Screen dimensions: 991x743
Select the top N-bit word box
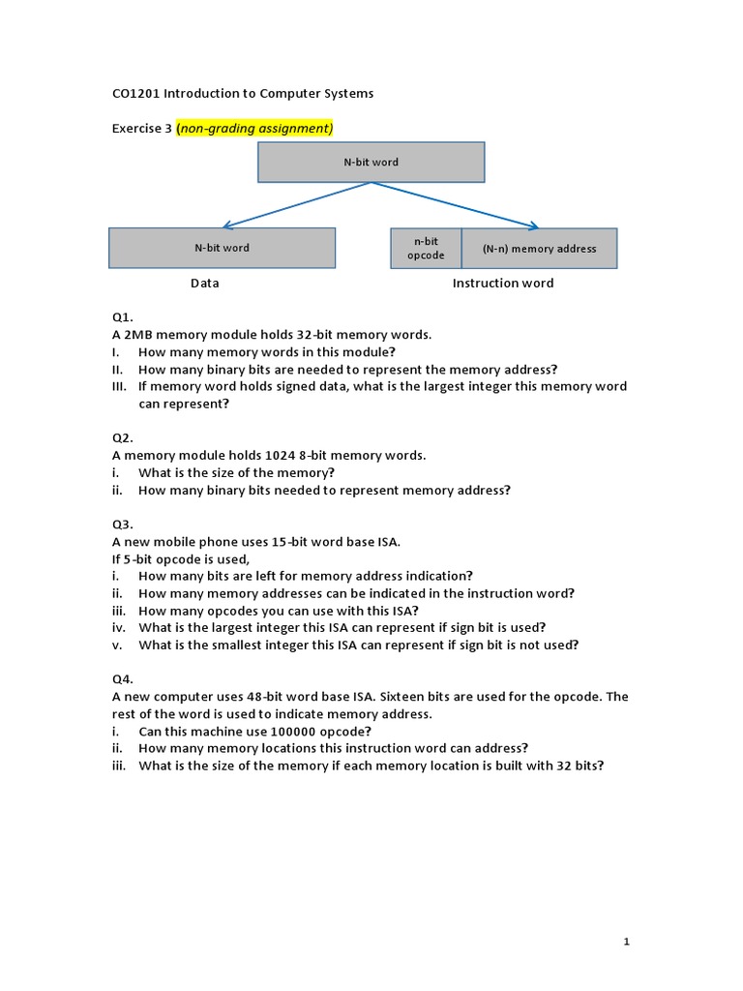(371, 163)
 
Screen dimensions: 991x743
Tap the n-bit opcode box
(426, 249)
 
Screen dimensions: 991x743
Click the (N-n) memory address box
(539, 249)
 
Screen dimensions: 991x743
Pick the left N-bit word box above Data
(222, 248)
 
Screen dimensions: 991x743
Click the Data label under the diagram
(204, 284)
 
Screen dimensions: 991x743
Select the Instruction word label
(503, 284)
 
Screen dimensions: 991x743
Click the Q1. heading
(122, 317)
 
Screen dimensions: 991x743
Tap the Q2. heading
(122, 437)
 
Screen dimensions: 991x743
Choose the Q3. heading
(122, 525)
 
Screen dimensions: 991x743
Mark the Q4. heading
(122, 679)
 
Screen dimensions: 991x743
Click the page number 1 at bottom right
(627, 941)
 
